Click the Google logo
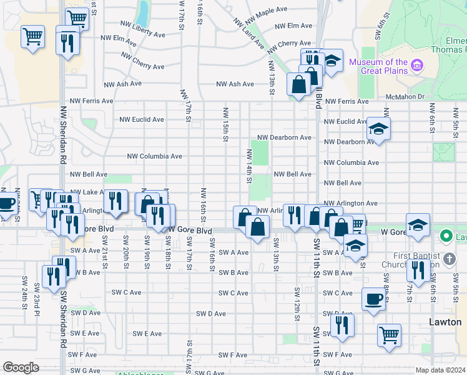(x=21, y=367)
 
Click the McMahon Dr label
(x=405, y=97)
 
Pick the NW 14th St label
(x=249, y=166)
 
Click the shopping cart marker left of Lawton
(x=389, y=334)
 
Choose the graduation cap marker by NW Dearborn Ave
(x=378, y=129)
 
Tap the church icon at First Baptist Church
(x=450, y=257)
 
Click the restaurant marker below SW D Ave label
(x=342, y=324)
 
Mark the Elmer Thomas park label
(x=456, y=46)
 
